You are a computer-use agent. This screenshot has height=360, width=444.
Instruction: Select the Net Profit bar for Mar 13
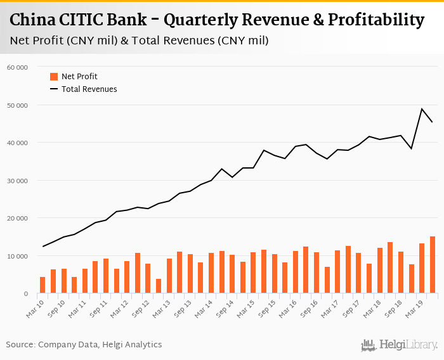coord(169,276)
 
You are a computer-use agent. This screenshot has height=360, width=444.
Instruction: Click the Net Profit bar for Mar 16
coord(296,272)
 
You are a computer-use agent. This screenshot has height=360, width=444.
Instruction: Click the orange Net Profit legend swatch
coord(54,77)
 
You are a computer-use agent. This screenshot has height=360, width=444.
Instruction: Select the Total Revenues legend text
coord(89,89)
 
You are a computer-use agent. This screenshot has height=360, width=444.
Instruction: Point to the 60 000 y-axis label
coord(17,67)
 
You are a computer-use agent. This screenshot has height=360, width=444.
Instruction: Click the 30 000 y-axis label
coord(17,181)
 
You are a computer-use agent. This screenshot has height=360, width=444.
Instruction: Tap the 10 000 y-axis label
coord(17,256)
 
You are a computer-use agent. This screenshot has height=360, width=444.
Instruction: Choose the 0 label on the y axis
coord(25,294)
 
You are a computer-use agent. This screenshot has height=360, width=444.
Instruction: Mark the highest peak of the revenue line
coord(422,109)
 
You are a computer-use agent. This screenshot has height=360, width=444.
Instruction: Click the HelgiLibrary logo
coord(400,345)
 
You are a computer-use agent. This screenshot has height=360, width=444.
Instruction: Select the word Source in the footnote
coord(22,345)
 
